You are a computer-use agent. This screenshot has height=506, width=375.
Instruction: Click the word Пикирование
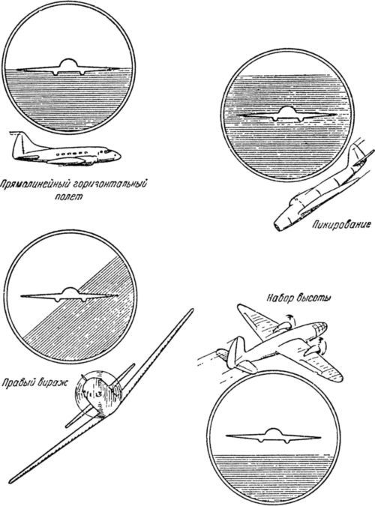pyautogui.click(x=341, y=225)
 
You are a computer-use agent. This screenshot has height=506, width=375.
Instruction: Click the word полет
pyautogui.click(x=68, y=197)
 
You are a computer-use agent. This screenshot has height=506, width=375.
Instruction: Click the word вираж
pyautogui.click(x=52, y=384)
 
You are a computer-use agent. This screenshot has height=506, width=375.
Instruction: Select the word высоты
pyautogui.click(x=313, y=298)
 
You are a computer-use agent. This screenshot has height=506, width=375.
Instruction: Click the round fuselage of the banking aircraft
pyautogui.click(x=98, y=394)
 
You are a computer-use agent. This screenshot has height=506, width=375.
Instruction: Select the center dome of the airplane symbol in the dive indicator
pyautogui.click(x=285, y=111)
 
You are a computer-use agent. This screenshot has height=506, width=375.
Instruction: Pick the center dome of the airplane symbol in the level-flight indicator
pyautogui.click(x=68, y=64)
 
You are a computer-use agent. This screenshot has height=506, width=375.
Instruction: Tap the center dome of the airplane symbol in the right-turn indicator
pyautogui.click(x=68, y=292)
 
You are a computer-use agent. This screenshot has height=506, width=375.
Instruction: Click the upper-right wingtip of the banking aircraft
pyautogui.click(x=191, y=310)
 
